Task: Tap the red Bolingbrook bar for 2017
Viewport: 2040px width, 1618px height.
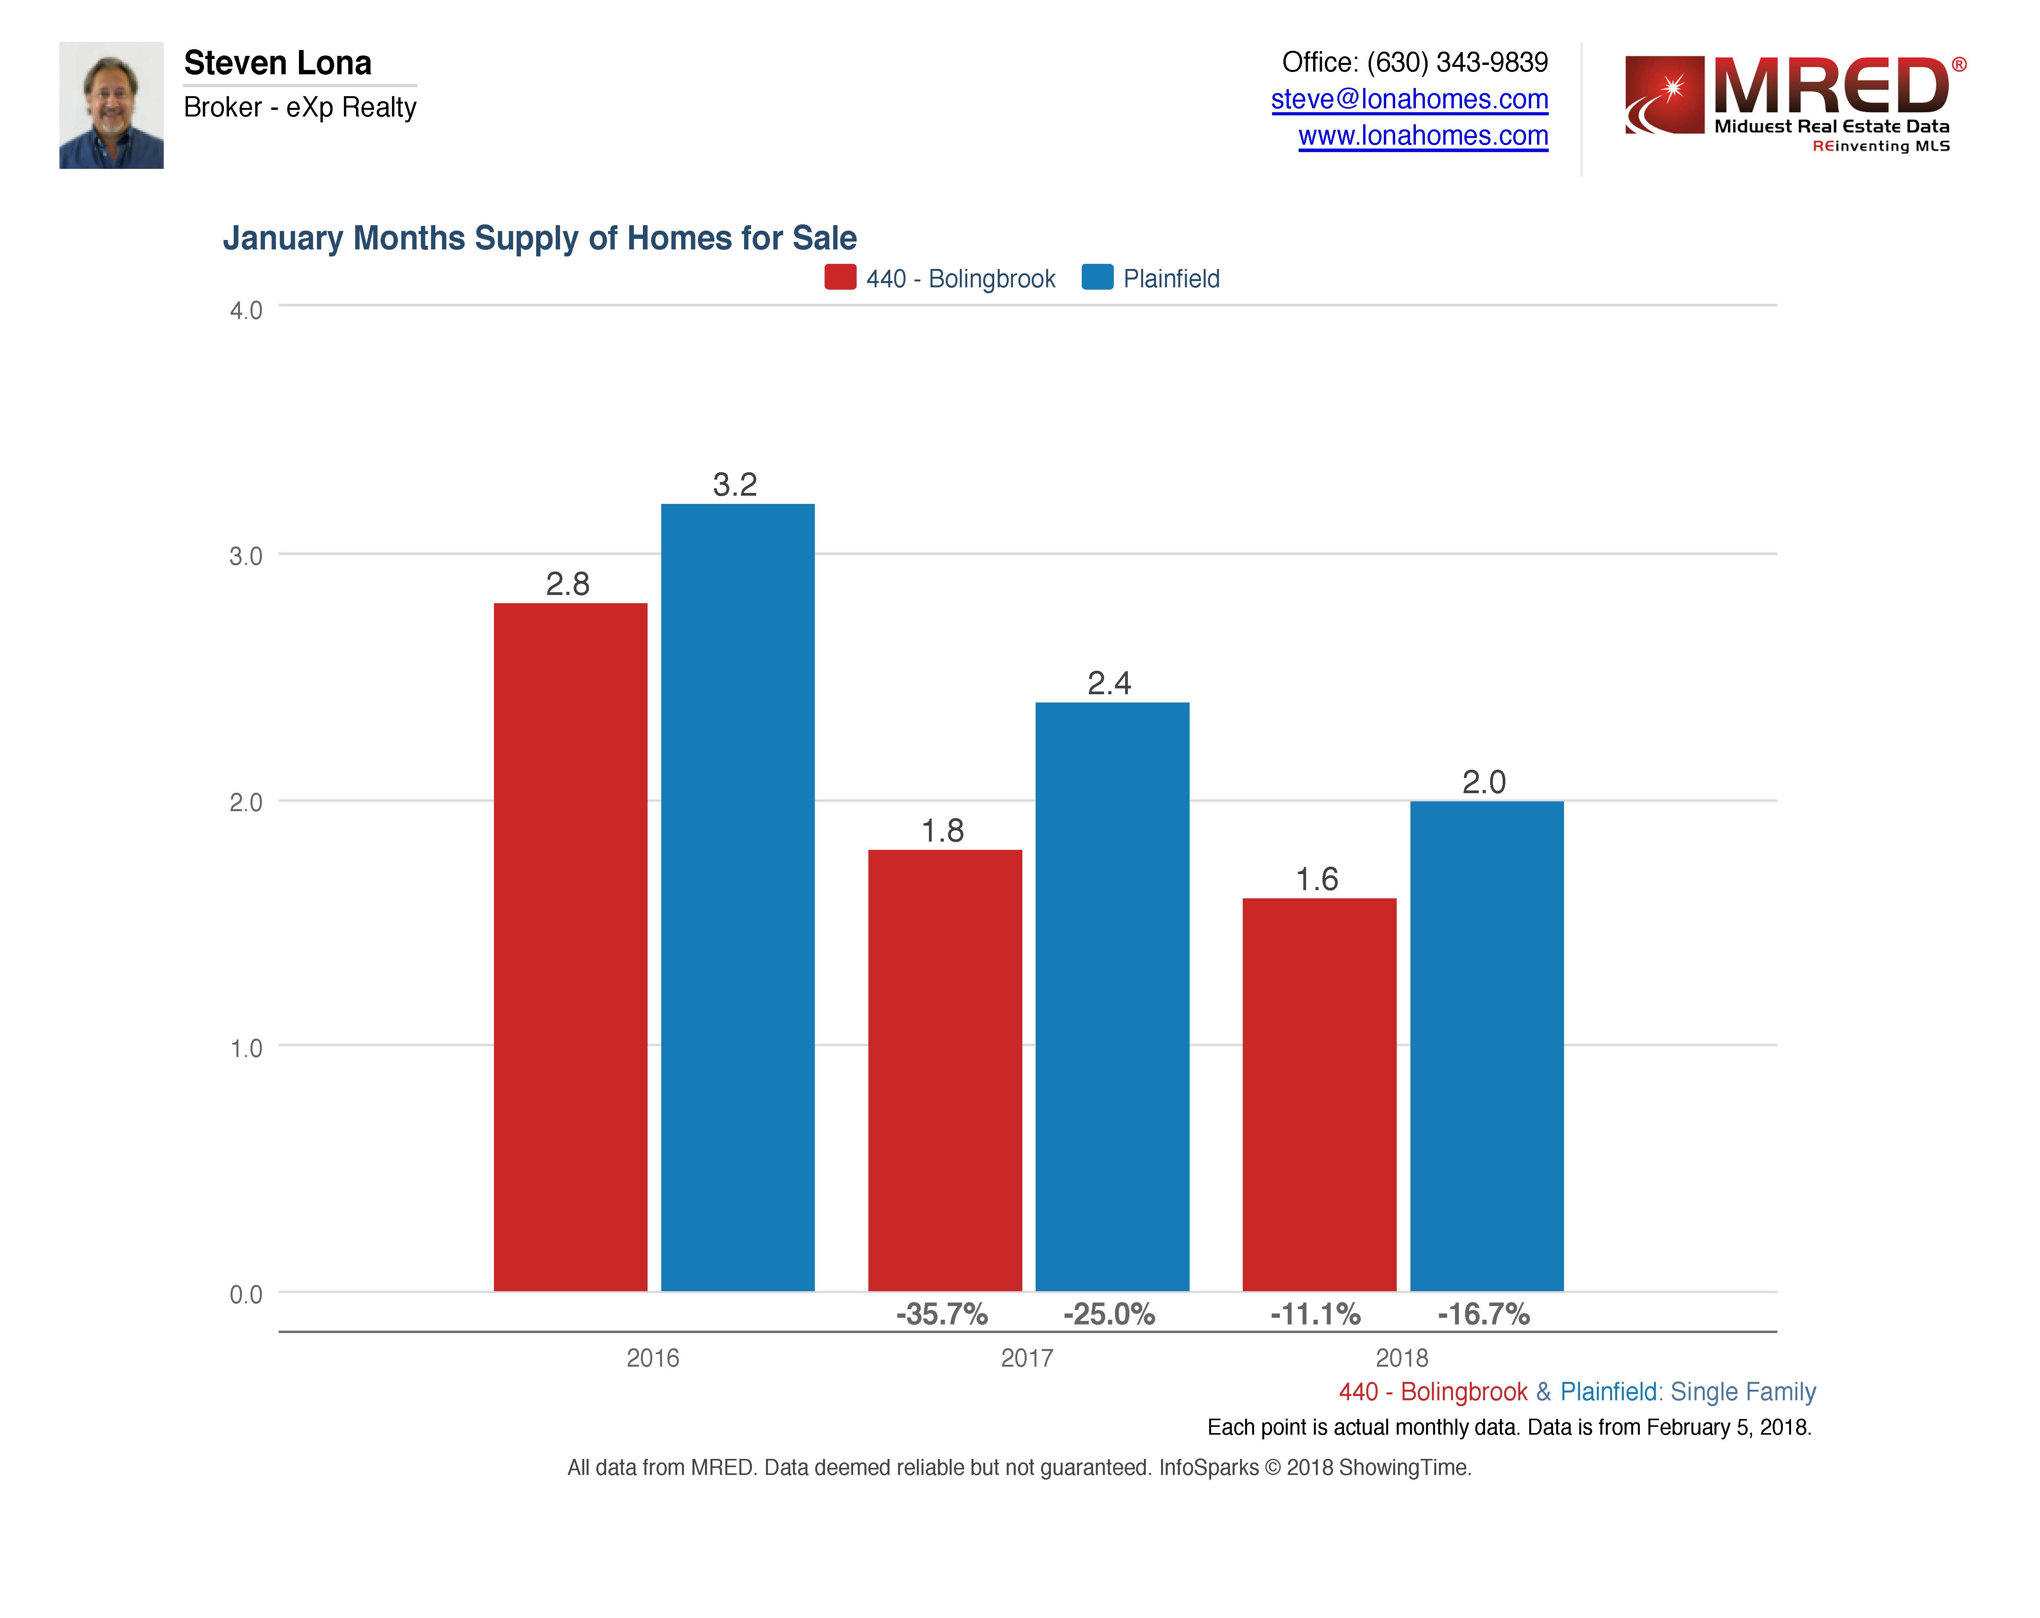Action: click(x=944, y=1069)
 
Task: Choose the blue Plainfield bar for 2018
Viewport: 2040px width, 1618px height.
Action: click(x=1487, y=1046)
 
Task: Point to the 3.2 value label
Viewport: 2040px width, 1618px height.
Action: click(x=735, y=484)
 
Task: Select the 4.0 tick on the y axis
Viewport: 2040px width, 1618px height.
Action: click(x=246, y=310)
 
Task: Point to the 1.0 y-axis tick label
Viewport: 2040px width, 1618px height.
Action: click(x=246, y=1047)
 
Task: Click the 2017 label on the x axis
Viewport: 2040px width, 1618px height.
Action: click(x=1027, y=1358)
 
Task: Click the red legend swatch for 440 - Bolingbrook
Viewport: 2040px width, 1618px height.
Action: click(x=839, y=277)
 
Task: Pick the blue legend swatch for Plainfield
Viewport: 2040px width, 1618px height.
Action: click(x=1097, y=277)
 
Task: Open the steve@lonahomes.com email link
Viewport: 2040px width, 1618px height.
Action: click(x=1409, y=99)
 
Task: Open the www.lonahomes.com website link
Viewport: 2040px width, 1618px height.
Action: click(x=1422, y=136)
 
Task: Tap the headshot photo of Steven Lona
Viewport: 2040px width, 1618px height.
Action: click(x=112, y=105)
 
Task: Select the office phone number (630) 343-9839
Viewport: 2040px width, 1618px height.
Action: click(x=1456, y=63)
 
